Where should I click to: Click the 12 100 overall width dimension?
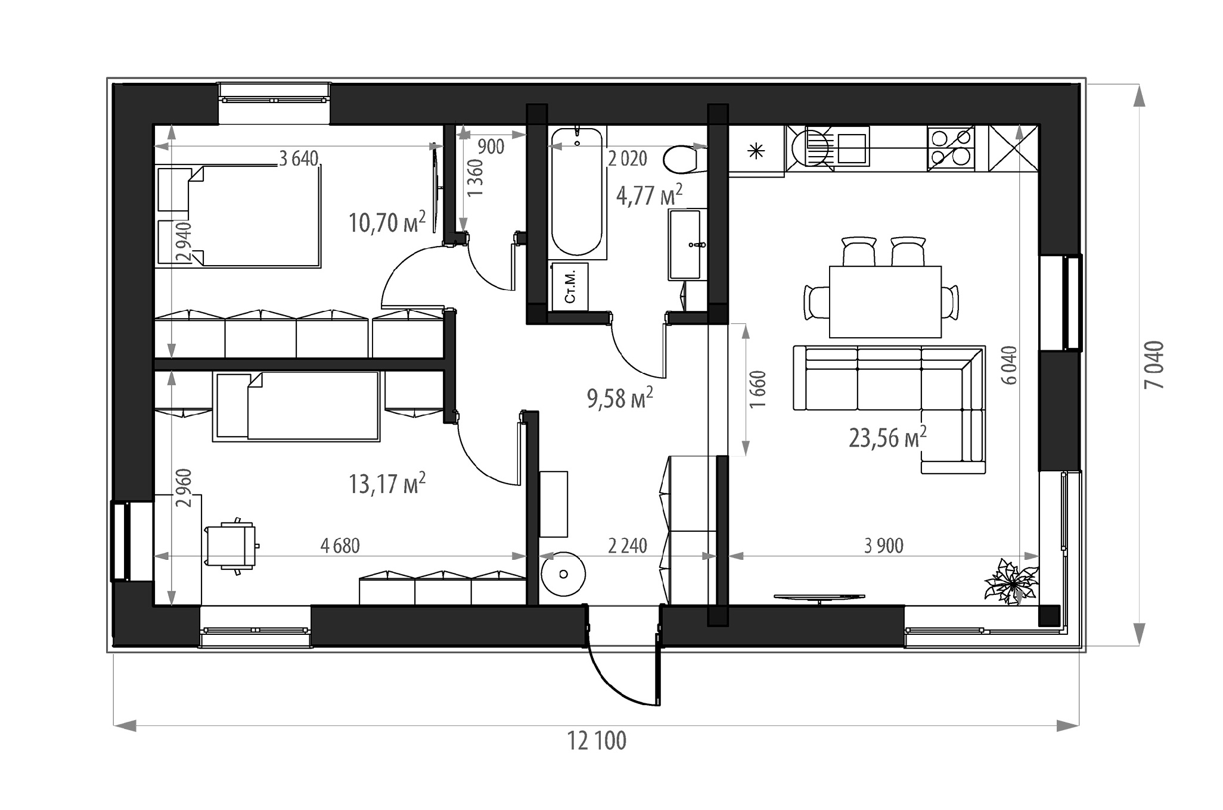pos(597,742)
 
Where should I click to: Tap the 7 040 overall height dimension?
pos(1154,364)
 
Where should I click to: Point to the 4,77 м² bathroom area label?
pos(649,195)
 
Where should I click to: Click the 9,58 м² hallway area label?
pos(620,398)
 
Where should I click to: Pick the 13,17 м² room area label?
pos(387,483)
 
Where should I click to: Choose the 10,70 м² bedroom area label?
pos(387,222)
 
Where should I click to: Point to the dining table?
pos(885,301)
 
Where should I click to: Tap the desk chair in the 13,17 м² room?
pos(232,546)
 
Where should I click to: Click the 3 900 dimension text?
pos(884,545)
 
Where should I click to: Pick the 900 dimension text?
pos(491,147)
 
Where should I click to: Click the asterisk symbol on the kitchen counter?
pos(756,151)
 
